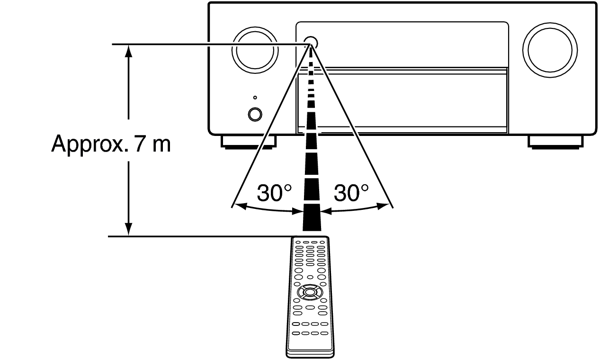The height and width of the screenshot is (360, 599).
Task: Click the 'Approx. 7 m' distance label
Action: pyautogui.click(x=111, y=144)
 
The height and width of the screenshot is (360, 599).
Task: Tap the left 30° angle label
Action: pyautogui.click(x=274, y=193)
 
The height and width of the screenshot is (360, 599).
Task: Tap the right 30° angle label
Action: pyautogui.click(x=351, y=193)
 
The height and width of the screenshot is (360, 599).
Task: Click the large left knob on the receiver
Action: pyautogui.click(x=255, y=50)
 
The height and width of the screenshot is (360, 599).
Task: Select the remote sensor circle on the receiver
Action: pyautogui.click(x=311, y=43)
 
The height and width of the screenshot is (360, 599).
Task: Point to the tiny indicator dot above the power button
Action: pyautogui.click(x=255, y=98)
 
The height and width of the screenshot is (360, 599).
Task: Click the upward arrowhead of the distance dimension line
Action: pyautogui.click(x=129, y=51)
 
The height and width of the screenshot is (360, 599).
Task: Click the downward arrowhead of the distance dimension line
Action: pyautogui.click(x=129, y=229)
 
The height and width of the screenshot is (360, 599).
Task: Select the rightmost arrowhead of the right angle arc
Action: pyautogui.click(x=383, y=206)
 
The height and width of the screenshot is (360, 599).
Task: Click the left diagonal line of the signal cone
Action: pyautogui.click(x=271, y=126)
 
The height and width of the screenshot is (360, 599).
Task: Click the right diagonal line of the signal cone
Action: pyautogui.click(x=352, y=126)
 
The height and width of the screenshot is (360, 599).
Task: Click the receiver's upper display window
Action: pyautogui.click(x=402, y=45)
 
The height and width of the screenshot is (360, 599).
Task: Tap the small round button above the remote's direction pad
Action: pyautogui.click(x=310, y=277)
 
